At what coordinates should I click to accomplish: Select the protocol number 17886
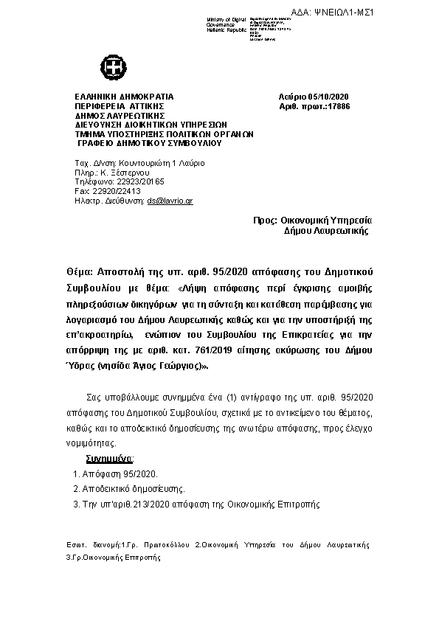pos(339,107)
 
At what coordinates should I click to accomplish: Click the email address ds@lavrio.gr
pos(170,200)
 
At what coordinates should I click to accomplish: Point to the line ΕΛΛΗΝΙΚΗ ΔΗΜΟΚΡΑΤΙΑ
pos(124,97)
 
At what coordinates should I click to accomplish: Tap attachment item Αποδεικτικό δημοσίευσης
pos(133,488)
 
